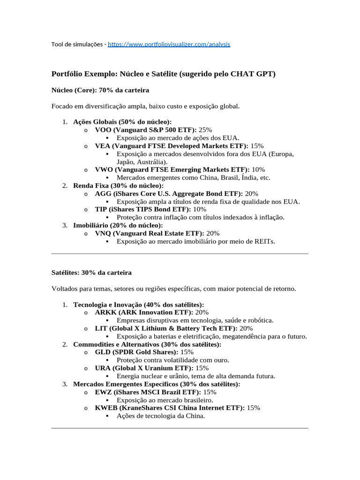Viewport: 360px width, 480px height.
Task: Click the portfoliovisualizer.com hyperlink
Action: click(x=169, y=45)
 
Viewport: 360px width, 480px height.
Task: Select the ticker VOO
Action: click(x=103, y=130)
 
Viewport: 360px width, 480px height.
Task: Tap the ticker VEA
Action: click(x=102, y=146)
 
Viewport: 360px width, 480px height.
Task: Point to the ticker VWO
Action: click(x=103, y=170)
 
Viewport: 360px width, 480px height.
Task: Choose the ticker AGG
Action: click(x=103, y=194)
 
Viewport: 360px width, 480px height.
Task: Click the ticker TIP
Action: click(x=101, y=210)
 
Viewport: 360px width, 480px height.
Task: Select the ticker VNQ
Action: click(x=103, y=233)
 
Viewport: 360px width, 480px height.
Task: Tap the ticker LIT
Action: click(x=100, y=329)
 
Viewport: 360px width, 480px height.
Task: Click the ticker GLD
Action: click(x=103, y=352)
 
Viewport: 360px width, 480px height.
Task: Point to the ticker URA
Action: click(x=103, y=368)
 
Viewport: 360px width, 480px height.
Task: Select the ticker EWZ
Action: click(x=103, y=392)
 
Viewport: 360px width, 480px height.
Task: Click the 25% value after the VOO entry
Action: click(x=205, y=130)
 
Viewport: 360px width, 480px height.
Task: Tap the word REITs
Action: click(x=264, y=241)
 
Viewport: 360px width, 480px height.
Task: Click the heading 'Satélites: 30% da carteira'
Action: click(x=91, y=272)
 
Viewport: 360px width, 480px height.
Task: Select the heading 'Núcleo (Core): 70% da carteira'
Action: click(x=100, y=90)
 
